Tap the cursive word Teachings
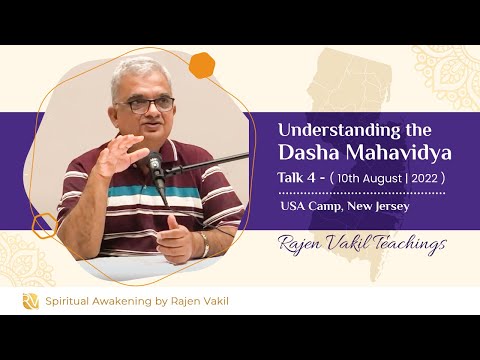[405, 245]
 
